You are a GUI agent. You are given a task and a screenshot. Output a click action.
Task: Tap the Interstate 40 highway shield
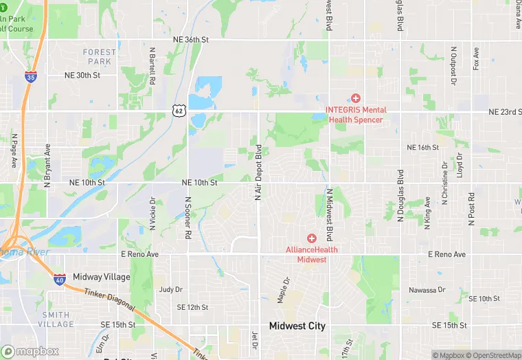[60, 278]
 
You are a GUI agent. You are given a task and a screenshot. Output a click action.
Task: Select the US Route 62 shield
[179, 110]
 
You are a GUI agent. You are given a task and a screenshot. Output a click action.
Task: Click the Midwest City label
[297, 326]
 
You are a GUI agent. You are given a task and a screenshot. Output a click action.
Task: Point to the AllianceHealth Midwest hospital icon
[311, 238]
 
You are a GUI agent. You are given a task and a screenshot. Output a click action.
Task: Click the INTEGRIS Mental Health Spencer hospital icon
[356, 99]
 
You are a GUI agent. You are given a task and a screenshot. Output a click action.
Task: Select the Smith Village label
[56, 319]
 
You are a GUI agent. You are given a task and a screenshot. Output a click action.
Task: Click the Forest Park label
[100, 57]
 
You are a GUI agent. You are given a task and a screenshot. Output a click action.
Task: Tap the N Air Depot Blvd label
[258, 172]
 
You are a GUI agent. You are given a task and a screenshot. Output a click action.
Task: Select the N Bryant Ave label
[47, 166]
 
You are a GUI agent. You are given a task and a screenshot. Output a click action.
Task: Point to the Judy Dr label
[170, 289]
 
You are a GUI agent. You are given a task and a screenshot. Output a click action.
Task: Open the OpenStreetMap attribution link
[492, 355]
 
